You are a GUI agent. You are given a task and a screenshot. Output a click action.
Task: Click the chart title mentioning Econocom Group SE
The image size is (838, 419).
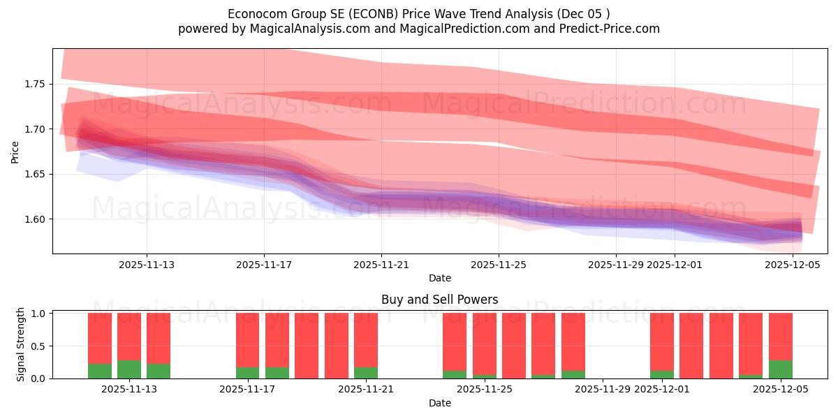[x=418, y=14]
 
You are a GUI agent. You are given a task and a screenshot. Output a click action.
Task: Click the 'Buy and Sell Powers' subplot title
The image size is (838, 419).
[x=439, y=300]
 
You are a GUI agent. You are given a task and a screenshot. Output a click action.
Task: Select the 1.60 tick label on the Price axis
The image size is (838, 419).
[x=35, y=219]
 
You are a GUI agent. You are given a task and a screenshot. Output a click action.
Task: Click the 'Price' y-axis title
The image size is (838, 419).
[x=15, y=152]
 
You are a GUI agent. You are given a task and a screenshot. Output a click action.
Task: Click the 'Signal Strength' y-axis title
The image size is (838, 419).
[x=21, y=344]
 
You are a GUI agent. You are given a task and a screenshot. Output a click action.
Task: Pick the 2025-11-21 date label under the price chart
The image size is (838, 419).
[x=381, y=265]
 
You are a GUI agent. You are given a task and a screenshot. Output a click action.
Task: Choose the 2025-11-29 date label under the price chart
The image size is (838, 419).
[x=616, y=265]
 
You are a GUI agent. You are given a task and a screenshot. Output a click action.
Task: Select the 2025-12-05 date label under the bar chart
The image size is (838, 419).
[x=781, y=390]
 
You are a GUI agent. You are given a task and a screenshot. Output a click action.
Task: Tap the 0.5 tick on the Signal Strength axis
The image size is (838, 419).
[x=40, y=346]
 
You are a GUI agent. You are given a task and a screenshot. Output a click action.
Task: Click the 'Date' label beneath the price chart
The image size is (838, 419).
[x=439, y=278]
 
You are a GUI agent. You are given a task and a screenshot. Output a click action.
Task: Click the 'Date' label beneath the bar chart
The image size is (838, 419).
[x=439, y=403]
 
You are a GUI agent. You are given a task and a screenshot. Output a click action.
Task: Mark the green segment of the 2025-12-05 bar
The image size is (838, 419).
[x=781, y=369]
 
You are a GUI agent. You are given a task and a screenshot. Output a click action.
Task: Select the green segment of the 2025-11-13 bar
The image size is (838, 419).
[x=129, y=369]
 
